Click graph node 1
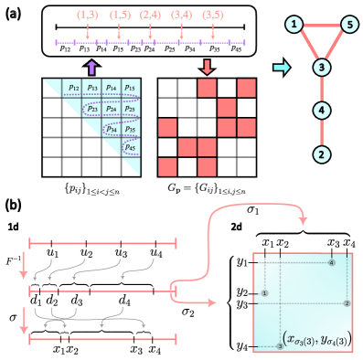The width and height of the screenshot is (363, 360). [294, 25]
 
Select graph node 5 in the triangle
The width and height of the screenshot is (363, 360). [348, 25]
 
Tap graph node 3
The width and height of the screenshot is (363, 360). [321, 68]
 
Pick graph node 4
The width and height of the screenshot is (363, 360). [321, 111]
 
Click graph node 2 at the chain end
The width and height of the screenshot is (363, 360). [321, 154]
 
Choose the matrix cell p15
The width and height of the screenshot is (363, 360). [131, 88]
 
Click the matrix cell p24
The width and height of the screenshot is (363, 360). [111, 108]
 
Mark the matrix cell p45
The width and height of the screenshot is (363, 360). [131, 147]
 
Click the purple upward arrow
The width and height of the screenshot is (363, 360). [91, 67]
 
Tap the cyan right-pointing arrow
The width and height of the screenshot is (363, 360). [282, 68]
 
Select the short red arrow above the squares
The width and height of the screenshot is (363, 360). [207, 67]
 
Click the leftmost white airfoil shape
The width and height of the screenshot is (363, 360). [46, 270]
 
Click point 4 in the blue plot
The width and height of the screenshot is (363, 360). [264, 293]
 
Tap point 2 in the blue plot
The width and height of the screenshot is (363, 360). [347, 303]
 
